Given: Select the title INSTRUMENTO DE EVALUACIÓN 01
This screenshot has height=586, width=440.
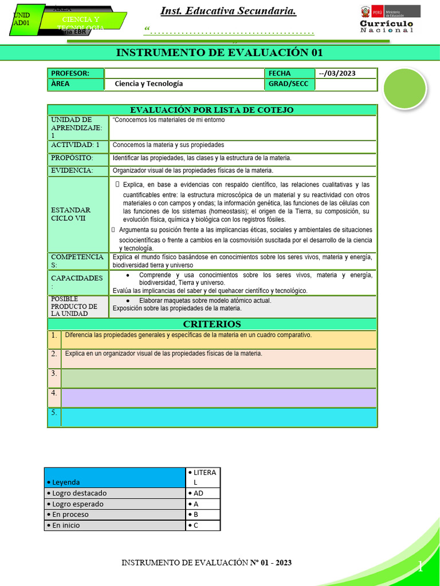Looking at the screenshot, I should [x=219, y=53].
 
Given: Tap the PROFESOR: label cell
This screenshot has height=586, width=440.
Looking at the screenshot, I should [x=76, y=73].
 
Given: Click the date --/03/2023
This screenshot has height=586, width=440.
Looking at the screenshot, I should [x=346, y=73].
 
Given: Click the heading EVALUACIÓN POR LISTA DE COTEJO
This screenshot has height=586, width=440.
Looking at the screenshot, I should [x=212, y=110].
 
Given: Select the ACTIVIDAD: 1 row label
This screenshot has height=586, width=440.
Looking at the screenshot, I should [x=77, y=145].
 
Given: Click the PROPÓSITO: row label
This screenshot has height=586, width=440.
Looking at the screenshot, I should [x=77, y=158].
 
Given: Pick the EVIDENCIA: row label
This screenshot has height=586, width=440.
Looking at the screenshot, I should [x=77, y=171].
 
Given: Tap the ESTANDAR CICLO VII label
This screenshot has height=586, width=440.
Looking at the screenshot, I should [x=77, y=214].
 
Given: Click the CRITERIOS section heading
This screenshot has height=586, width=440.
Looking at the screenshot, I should [x=212, y=324].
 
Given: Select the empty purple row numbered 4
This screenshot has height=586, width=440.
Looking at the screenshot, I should [x=219, y=398].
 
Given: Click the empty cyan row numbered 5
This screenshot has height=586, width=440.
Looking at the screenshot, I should [x=219, y=417].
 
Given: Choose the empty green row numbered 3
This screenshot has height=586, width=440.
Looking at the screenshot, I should [x=219, y=378].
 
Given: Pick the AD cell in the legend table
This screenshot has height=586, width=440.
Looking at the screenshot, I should [x=203, y=493].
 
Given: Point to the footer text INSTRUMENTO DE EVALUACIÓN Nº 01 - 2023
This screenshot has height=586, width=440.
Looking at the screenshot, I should [x=207, y=563].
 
